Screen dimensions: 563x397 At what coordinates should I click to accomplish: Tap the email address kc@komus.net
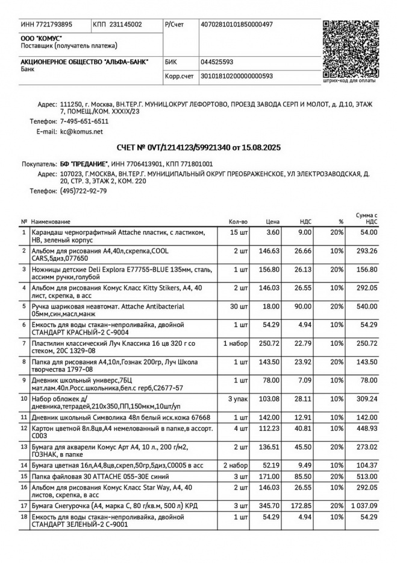pyautogui.click(x=81, y=131)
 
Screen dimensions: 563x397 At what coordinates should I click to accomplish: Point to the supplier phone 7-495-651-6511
pyautogui.click(x=84, y=121)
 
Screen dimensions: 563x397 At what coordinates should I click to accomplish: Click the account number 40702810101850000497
pyautogui.click(x=236, y=24)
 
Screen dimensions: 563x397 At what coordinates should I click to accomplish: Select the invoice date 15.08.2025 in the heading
pyautogui.click(x=263, y=147)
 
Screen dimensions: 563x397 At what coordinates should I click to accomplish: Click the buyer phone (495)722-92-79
pyautogui.click(x=84, y=191)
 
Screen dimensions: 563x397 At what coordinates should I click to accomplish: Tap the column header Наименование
pyautogui.click(x=51, y=222)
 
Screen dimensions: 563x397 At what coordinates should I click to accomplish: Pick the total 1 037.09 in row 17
pyautogui.click(x=363, y=505)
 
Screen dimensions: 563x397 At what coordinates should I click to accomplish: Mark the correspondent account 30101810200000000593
pyautogui.click(x=237, y=76)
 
